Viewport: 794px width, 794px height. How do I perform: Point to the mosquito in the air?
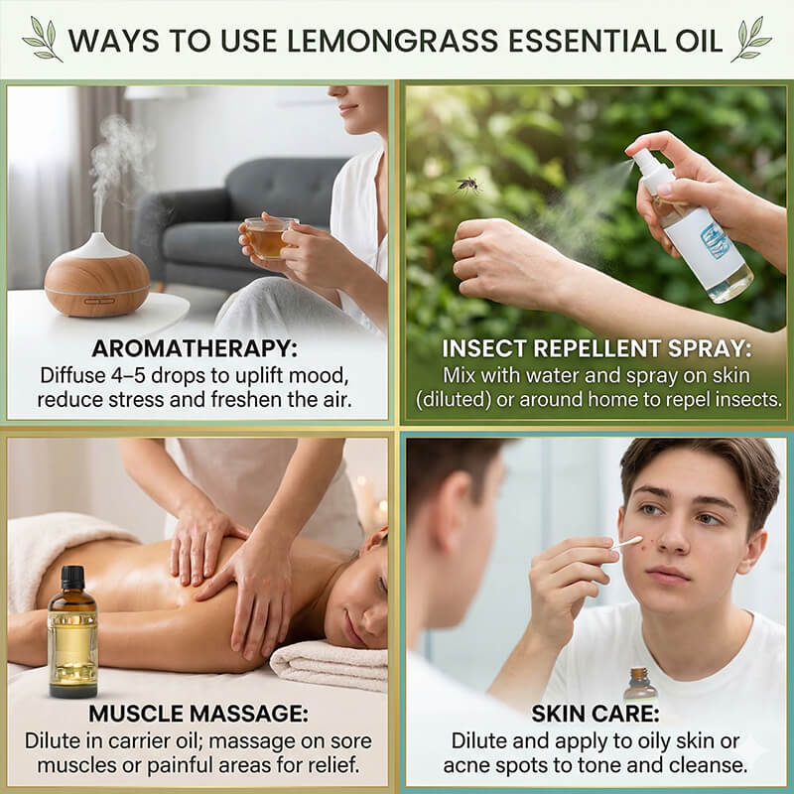[x=467, y=184]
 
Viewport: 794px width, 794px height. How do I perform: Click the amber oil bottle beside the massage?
[x=73, y=635]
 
